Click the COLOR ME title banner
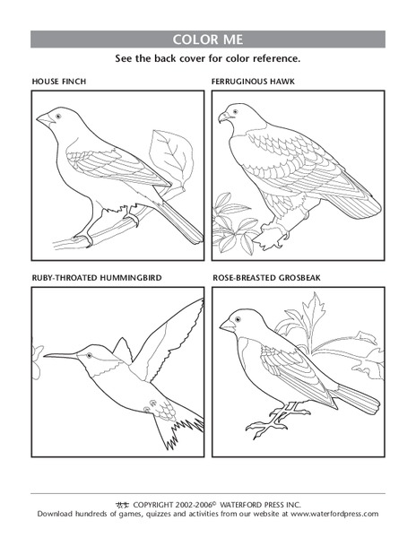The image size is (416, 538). coord(208,39)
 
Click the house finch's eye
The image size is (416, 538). coord(59,116)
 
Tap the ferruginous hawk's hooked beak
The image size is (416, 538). coord(222,117)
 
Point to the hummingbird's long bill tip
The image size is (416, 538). coord(45,356)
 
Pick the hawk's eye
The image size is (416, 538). coord(234,111)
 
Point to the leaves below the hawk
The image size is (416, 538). coord(235,228)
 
